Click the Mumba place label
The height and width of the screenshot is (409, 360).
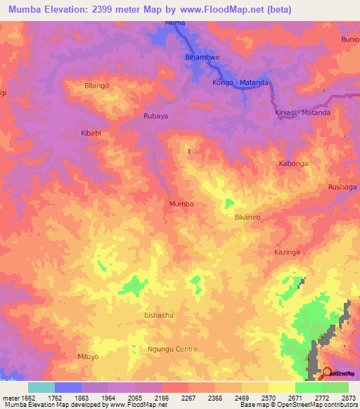tap(181, 204)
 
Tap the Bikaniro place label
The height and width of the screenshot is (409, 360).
tap(247, 218)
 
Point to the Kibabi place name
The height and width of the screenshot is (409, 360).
tap(91, 132)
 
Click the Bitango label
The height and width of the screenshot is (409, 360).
tap(96, 86)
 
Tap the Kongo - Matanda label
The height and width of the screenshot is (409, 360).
tap(240, 82)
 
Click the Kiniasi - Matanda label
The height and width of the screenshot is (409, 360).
tap(302, 112)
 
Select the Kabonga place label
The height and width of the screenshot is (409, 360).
tap(293, 163)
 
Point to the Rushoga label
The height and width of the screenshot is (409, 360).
tap(342, 187)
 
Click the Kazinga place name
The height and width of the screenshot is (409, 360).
tap(287, 251)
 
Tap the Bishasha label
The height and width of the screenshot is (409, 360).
tap(158, 316)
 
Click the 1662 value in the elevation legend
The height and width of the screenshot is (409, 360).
tap(27, 398)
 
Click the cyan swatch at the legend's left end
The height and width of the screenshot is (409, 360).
tap(41, 387)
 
